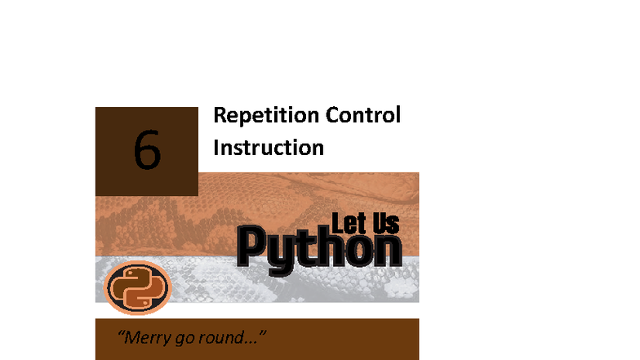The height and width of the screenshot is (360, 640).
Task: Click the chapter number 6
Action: pos(147,151)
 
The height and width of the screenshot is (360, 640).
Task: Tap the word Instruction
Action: pos(269,148)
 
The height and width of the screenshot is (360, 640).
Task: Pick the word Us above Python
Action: pos(385,223)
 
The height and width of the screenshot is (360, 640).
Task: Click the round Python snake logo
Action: pos(137,287)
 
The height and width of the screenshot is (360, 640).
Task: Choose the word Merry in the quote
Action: pos(151,337)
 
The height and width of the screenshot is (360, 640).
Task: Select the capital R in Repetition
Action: pos(220,116)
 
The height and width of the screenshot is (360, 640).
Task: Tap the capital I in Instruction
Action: pos(216,148)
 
